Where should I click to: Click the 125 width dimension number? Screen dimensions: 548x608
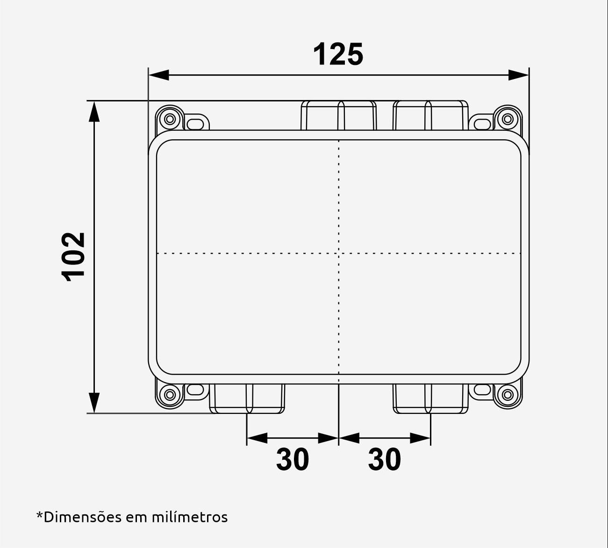[338, 55]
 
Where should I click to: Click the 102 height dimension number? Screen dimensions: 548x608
[74, 256]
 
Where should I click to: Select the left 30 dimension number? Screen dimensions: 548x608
[293, 459]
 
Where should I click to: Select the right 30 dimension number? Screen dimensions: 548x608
[385, 459]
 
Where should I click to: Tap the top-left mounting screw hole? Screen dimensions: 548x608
[170, 119]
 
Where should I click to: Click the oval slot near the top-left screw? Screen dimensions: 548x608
[196, 123]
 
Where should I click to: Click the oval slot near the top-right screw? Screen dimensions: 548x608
[481, 123]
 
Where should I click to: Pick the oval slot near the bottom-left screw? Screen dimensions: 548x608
[196, 389]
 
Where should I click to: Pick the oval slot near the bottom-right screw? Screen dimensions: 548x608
[481, 389]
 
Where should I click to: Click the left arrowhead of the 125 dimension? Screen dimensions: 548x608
[159, 75]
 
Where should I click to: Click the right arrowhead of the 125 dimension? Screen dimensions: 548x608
[519, 75]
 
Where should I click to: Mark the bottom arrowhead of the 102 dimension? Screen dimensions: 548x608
[94, 403]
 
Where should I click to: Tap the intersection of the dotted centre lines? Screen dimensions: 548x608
[338, 254]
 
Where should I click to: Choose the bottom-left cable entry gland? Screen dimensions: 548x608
[247, 399]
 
